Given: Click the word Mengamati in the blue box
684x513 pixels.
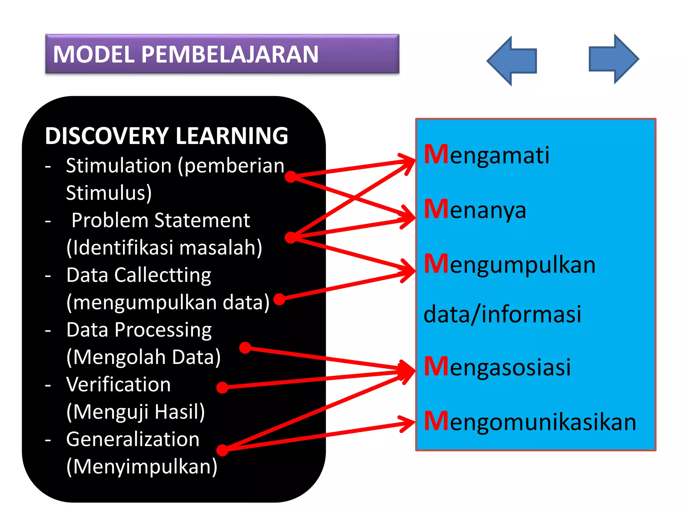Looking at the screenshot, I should [x=487, y=155].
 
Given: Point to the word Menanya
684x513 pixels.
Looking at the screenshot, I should [x=475, y=210].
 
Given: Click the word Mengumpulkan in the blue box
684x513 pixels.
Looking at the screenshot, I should [x=510, y=265].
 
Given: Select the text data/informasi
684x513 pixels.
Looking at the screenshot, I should [x=502, y=314].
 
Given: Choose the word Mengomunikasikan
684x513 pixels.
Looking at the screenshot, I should [x=530, y=422].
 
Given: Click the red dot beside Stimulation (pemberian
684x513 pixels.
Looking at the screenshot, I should [x=291, y=177].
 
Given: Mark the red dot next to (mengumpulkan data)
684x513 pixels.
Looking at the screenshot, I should [x=279, y=299].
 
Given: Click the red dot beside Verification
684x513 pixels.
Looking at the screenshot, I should [x=222, y=387].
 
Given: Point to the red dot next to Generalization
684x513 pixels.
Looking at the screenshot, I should [x=222, y=450].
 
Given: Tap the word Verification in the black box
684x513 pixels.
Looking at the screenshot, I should [x=118, y=384].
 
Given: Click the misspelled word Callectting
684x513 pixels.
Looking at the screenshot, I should [x=163, y=276].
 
